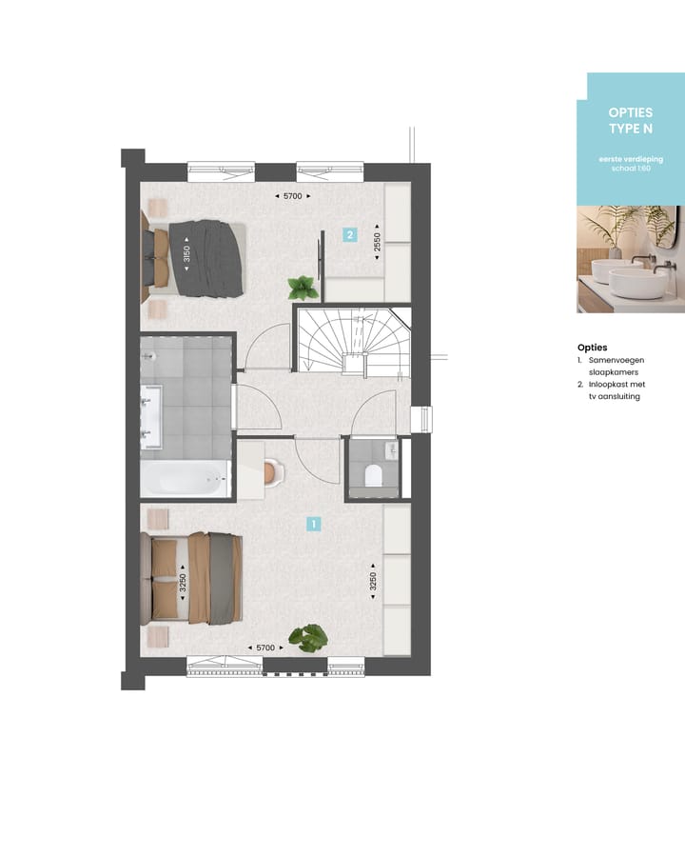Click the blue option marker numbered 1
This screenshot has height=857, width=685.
pos(314,523)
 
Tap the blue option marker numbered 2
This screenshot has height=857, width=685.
pos(350,235)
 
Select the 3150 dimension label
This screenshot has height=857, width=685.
pos(187,254)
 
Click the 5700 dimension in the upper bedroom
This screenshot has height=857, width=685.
pos(292,196)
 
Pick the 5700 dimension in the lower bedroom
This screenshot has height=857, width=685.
pos(265,648)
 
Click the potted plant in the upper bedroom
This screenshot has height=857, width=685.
pos(302,287)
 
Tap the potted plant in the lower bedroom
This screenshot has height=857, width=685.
pos(308,637)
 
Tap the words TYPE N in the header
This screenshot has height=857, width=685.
pos(630,129)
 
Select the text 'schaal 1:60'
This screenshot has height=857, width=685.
pos(630,168)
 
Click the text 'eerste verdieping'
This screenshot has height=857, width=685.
pos(630,159)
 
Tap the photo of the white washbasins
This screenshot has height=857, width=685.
pos(630,259)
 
